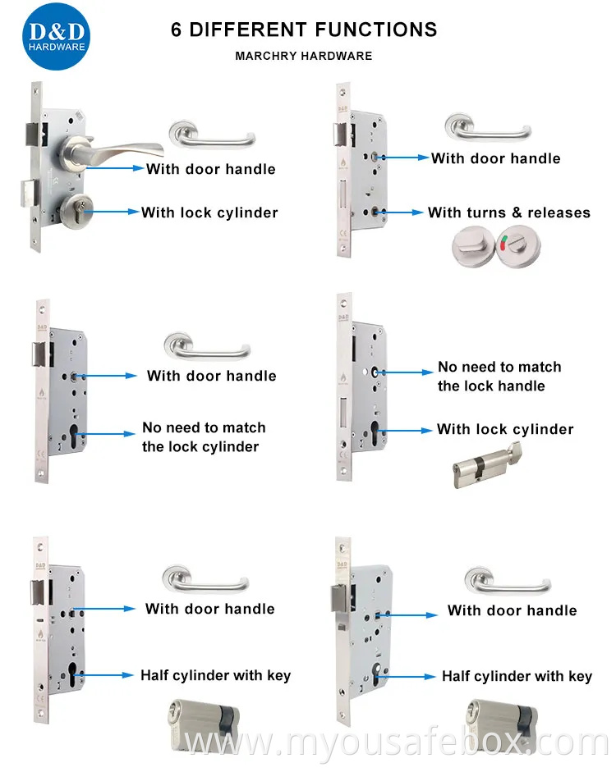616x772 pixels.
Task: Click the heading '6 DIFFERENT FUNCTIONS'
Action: [303, 30]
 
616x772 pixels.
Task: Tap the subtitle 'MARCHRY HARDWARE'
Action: [303, 57]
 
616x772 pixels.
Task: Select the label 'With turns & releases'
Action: [508, 212]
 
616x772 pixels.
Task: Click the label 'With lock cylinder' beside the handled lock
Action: [209, 212]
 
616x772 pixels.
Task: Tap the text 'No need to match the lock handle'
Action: [499, 377]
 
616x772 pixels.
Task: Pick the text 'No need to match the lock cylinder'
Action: [204, 437]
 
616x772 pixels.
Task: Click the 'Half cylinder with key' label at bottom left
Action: [215, 675]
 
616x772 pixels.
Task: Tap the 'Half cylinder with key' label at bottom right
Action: [517, 676]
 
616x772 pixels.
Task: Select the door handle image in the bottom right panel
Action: [505, 579]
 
